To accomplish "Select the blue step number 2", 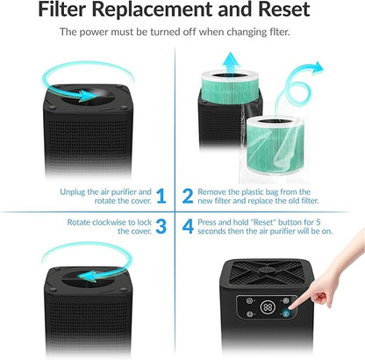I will pyautogui.click(x=188, y=196).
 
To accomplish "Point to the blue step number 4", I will pyautogui.click(x=188, y=227).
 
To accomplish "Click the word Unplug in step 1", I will pyautogui.click(x=73, y=191).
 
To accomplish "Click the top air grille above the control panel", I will pyautogui.click(x=268, y=270).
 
